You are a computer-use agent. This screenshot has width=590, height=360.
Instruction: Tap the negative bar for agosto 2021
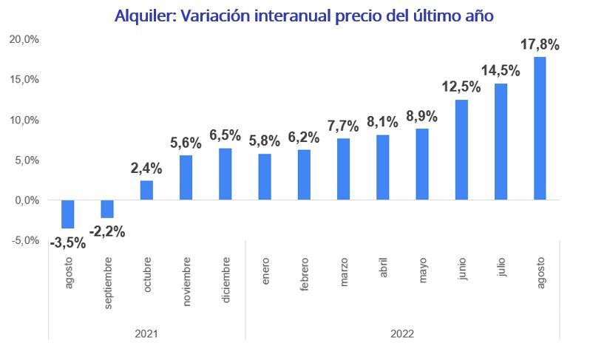click(x=68, y=214)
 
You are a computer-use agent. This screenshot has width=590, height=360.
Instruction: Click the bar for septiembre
click(x=107, y=208)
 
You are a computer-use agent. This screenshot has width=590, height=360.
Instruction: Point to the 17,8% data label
click(x=540, y=44)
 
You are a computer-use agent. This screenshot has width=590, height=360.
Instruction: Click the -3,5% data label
click(x=67, y=242)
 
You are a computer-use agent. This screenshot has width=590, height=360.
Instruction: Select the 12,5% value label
click(x=461, y=87)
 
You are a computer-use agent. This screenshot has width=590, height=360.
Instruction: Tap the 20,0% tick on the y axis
click(x=24, y=39)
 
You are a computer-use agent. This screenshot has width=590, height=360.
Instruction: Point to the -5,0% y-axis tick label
click(x=25, y=240)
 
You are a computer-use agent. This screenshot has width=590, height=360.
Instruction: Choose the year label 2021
click(x=146, y=333)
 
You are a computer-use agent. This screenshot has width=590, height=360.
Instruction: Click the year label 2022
click(x=402, y=333)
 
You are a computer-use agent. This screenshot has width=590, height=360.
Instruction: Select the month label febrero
click(x=304, y=274)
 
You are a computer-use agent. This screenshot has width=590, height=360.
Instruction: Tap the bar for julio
click(x=501, y=141)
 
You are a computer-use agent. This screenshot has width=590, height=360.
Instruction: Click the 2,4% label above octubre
click(x=146, y=169)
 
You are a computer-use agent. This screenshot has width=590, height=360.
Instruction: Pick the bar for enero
click(x=265, y=177)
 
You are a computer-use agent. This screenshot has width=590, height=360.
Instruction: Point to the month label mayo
click(x=422, y=270)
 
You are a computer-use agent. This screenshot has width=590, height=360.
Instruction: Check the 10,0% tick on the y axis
click(x=24, y=120)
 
